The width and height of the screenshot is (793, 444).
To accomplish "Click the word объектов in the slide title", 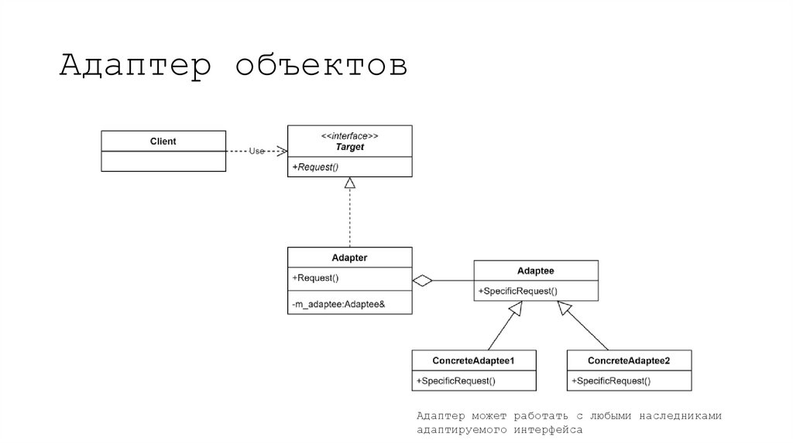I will tap(321, 67).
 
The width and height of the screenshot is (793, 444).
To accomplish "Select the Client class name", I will tap(163, 142).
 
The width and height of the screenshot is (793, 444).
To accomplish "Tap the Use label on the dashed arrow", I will tap(257, 151).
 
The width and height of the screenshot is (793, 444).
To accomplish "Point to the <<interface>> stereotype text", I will tap(349, 135).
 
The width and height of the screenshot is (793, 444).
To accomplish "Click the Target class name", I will tap(349, 146).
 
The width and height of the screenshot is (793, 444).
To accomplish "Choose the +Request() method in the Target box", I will tap(316, 167).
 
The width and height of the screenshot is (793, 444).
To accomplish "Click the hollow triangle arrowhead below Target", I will tap(350, 183).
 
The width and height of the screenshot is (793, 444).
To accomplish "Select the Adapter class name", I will tap(349, 258).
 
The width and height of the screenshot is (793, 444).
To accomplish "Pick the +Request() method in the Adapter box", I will tap(316, 278).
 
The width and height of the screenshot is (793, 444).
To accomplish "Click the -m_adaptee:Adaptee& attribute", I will tap(338, 305).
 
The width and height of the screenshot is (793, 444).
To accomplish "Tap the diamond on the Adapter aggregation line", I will tap(422, 280).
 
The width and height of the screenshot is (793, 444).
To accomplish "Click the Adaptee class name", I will tap(535, 271).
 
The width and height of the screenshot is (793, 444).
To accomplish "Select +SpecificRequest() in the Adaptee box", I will tap(517, 291).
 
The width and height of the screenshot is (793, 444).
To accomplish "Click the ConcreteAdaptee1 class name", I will tap(474, 360).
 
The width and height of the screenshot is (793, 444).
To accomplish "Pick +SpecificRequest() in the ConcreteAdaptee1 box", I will tap(456, 381).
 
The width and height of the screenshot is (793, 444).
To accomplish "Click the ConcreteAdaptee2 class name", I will tap(629, 360).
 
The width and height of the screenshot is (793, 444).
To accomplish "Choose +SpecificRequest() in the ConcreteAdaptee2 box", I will tap(611, 381).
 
